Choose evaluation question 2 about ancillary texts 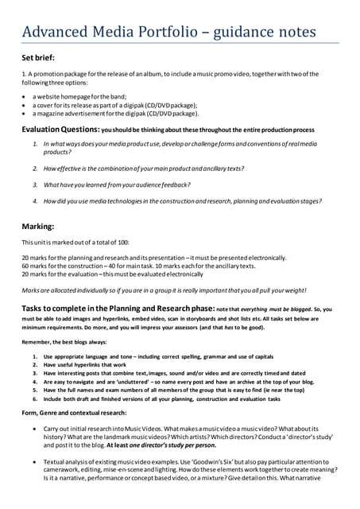click(x=143, y=169)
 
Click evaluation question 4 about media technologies click(x=183, y=202)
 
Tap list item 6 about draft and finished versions click(x=159, y=398)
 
